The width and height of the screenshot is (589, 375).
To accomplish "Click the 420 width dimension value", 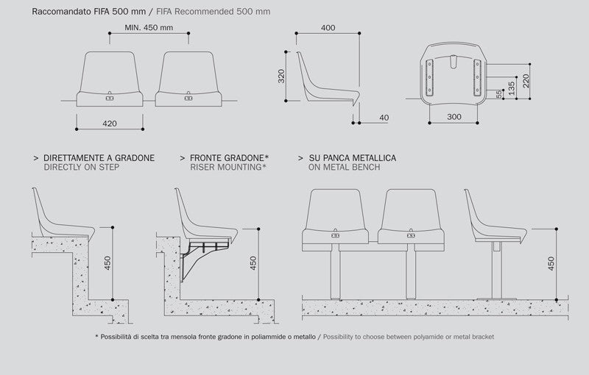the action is click(x=110, y=124).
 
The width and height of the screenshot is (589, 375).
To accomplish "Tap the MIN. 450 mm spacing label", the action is click(x=149, y=28).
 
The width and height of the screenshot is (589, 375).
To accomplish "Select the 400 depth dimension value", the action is click(x=328, y=28).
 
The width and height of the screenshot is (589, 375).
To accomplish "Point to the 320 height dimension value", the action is click(x=281, y=76).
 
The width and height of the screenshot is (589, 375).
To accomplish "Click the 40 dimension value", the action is click(x=384, y=118).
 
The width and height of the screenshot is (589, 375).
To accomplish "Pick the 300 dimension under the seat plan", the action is click(x=454, y=117).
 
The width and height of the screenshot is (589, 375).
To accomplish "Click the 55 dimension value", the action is click(x=499, y=94).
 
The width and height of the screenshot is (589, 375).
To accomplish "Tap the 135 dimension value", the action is click(x=511, y=88).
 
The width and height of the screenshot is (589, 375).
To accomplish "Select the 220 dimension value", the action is click(x=526, y=81).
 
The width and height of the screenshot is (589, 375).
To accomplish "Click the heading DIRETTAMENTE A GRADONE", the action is click(x=99, y=158).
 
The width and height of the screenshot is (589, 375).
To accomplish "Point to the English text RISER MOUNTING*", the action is click(x=228, y=167).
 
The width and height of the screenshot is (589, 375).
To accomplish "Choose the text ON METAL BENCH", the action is click(x=344, y=167).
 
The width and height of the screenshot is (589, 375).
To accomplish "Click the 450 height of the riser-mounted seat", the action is click(x=253, y=263).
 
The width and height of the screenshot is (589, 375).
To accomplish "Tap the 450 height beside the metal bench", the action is click(x=551, y=264).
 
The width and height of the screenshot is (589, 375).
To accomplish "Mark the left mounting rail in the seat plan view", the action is click(x=429, y=78).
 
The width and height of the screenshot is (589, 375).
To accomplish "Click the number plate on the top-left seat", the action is click(x=110, y=99).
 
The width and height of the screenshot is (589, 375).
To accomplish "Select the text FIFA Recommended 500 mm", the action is click(x=213, y=12).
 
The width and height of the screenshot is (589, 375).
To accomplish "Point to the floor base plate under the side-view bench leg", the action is click(x=496, y=299).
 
